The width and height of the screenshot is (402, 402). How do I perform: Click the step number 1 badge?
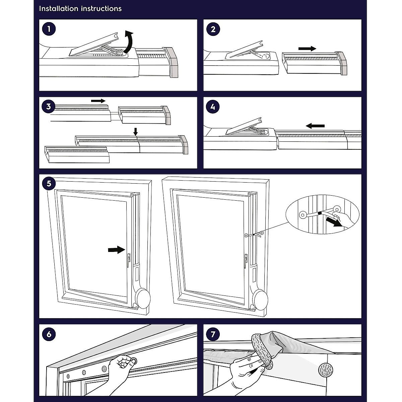coord(49,29)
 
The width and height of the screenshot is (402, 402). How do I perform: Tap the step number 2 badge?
coord(213,29)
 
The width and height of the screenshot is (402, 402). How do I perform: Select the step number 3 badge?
coord(49,107)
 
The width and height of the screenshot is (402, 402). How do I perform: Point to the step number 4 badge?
coord(213,107)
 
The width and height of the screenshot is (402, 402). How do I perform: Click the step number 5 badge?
coord(49,184)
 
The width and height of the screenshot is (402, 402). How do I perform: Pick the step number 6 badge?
coord(49,334)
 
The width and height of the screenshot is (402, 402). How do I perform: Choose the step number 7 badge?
coord(213,334)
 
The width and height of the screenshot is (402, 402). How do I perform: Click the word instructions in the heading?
coord(102,9)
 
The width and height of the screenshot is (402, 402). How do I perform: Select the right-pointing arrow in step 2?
coord(307,49)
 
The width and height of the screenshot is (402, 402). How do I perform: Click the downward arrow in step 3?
coord(135,132)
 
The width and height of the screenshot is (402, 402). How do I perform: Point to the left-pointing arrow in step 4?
coord(316,126)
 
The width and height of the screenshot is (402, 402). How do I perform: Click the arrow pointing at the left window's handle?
coord(116,250)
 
